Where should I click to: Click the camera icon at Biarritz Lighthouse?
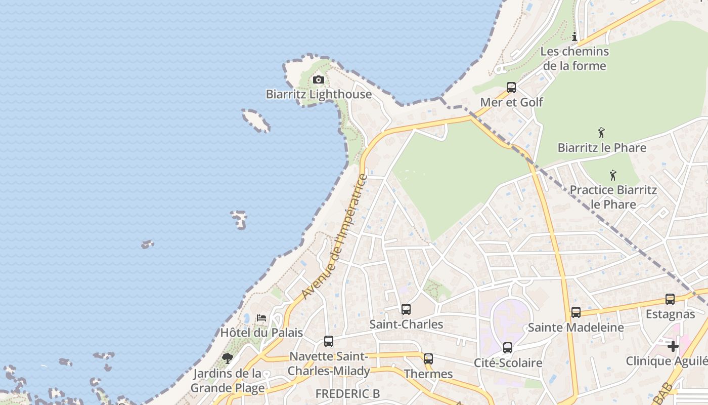coord(318,79)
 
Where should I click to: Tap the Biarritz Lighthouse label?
coord(319,94)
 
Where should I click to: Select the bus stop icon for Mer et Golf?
coord(511,88)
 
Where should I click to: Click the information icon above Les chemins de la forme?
coord(574,36)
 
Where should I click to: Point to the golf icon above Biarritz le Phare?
coord(601,133)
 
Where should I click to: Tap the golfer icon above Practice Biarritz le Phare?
coord(613,175)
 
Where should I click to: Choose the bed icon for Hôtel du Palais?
coord(261,318)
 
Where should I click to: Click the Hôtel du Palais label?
coord(261,333)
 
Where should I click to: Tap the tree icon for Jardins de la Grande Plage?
coord(228,358)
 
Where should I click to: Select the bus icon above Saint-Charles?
coord(406,309)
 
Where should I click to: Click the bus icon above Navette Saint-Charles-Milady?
coord(329,341)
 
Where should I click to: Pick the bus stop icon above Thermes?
coord(428,359)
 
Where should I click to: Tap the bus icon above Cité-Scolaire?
coord(508,348)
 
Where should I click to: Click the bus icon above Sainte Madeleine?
coord(576,312)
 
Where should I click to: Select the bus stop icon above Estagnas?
coord(670,299)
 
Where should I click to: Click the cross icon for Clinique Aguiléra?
coord(673,346)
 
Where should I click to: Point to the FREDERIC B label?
coord(347,393)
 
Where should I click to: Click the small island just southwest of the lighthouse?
coord(256,120)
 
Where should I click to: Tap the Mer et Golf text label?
coord(511,102)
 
